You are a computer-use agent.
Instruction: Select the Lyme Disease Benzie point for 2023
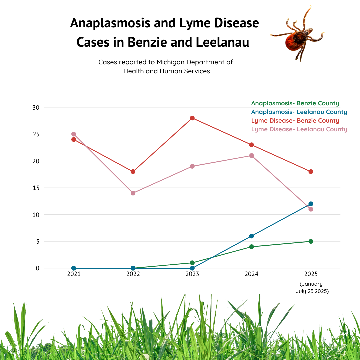192,118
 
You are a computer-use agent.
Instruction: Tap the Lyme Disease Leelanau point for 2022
133,193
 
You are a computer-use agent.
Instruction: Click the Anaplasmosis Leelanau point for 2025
311,204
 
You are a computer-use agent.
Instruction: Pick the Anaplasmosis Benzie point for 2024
251,247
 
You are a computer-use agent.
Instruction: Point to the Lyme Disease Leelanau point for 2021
74,134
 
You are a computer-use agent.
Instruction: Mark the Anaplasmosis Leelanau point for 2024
251,236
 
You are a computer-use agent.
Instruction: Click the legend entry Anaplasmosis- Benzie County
295,103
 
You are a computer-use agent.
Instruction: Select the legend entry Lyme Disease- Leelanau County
299,129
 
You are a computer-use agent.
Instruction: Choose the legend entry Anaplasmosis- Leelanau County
299,112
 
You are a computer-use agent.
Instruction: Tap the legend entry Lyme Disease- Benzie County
295,121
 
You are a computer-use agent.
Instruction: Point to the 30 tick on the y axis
36,107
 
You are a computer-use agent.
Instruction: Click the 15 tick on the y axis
36,188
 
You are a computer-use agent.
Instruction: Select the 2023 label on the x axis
192,274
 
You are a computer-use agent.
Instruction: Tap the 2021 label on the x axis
74,274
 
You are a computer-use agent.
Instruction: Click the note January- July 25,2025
312,287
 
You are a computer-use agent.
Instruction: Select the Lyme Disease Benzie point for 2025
311,172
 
